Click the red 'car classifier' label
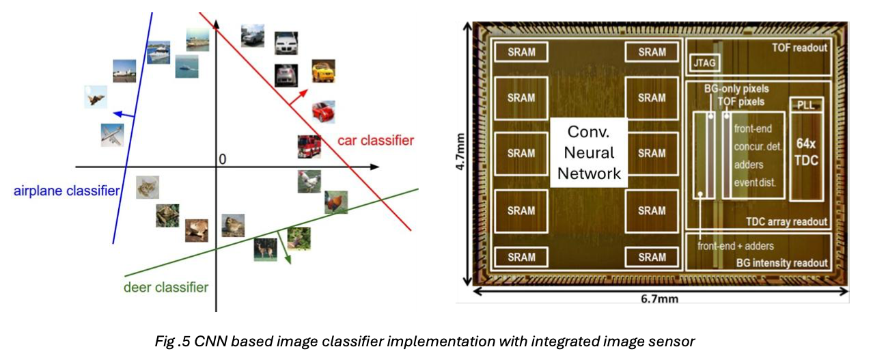[375, 141]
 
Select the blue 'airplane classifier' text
[66, 191]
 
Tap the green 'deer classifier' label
[166, 287]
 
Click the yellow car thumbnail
[323, 71]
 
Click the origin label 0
[222, 159]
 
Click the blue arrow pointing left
[122, 115]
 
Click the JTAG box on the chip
[705, 64]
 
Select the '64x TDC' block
[807, 152]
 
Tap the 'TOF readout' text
[799, 48]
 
